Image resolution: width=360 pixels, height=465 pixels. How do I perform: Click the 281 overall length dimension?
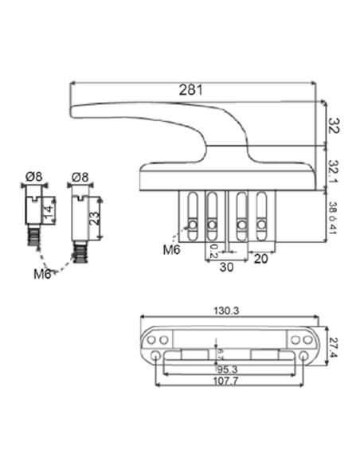click(190, 90)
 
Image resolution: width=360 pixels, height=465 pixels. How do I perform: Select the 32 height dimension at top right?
click(335, 124)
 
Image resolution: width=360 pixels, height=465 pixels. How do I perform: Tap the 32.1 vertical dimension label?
click(335, 170)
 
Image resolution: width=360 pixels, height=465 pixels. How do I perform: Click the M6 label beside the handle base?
click(172, 250)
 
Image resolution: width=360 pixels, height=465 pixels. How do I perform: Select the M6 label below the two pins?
click(43, 274)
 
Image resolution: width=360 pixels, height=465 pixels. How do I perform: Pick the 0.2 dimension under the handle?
click(213, 251)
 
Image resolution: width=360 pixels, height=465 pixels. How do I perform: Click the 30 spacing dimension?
click(227, 268)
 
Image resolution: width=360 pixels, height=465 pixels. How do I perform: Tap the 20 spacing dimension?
click(260, 258)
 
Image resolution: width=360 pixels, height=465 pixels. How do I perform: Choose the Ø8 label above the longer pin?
click(80, 177)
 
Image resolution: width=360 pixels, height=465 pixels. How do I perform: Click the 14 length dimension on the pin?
click(49, 209)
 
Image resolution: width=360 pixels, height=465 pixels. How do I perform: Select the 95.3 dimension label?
click(229, 369)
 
